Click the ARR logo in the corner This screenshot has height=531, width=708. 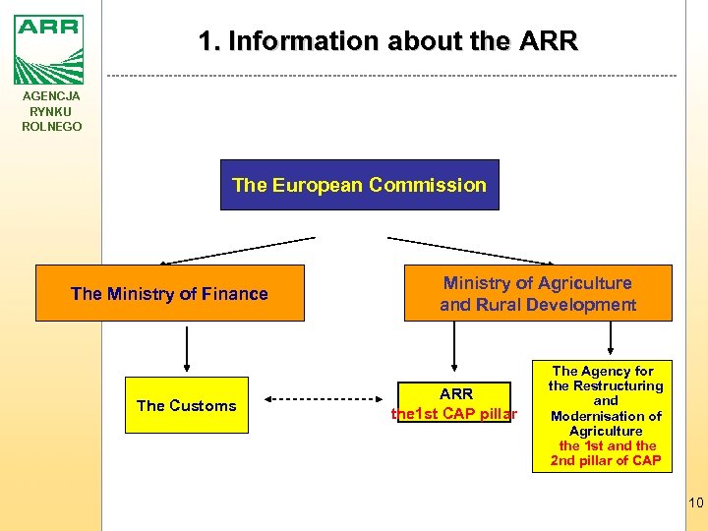[49, 49]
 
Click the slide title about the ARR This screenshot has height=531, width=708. [388, 41]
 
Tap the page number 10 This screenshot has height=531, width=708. [695, 503]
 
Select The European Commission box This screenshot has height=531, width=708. [359, 185]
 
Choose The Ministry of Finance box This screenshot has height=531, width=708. [170, 293]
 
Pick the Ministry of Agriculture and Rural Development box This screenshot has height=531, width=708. [538, 293]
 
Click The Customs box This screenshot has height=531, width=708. [187, 405]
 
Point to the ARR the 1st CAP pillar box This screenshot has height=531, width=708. [454, 404]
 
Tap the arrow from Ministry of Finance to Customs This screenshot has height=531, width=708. [187, 348]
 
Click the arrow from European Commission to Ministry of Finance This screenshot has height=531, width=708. [239, 250]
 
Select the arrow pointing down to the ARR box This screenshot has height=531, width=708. [454, 349]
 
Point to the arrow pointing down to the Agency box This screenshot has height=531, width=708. [612, 338]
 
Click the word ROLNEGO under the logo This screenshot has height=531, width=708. [52, 127]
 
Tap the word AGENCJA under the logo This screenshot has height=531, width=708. [52, 96]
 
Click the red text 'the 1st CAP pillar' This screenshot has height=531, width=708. [454, 414]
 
